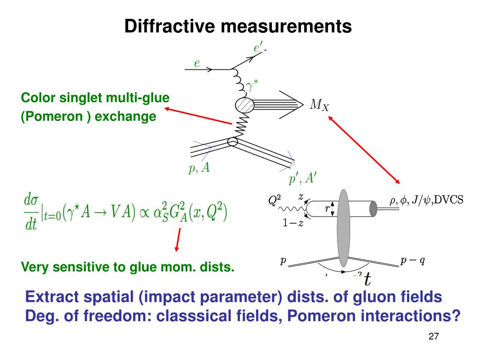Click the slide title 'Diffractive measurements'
(238, 26)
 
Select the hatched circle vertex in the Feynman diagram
(244, 105)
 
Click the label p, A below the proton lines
(199, 169)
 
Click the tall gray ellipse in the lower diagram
(343, 228)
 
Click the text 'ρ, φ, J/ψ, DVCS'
(426, 200)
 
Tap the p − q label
(412, 261)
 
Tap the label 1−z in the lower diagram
(293, 223)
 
